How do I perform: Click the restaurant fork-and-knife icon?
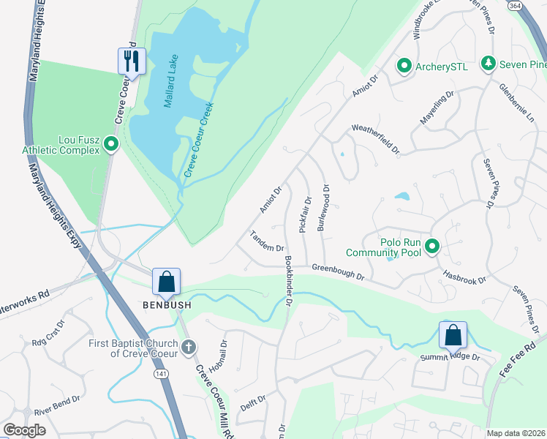[132, 61]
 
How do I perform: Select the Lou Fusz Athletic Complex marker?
[111, 144]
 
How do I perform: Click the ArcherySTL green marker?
[403, 67]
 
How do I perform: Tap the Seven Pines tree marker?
[488, 64]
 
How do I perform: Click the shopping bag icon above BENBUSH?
[167, 281]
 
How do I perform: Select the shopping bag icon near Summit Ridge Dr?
[453, 335]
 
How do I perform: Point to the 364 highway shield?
[535, 7]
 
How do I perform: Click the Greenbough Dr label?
[338, 272]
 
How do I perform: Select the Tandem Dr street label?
[267, 241]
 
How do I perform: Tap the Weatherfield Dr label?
[376, 138]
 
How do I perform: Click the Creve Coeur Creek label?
[198, 140]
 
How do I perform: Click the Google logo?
[24, 430]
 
